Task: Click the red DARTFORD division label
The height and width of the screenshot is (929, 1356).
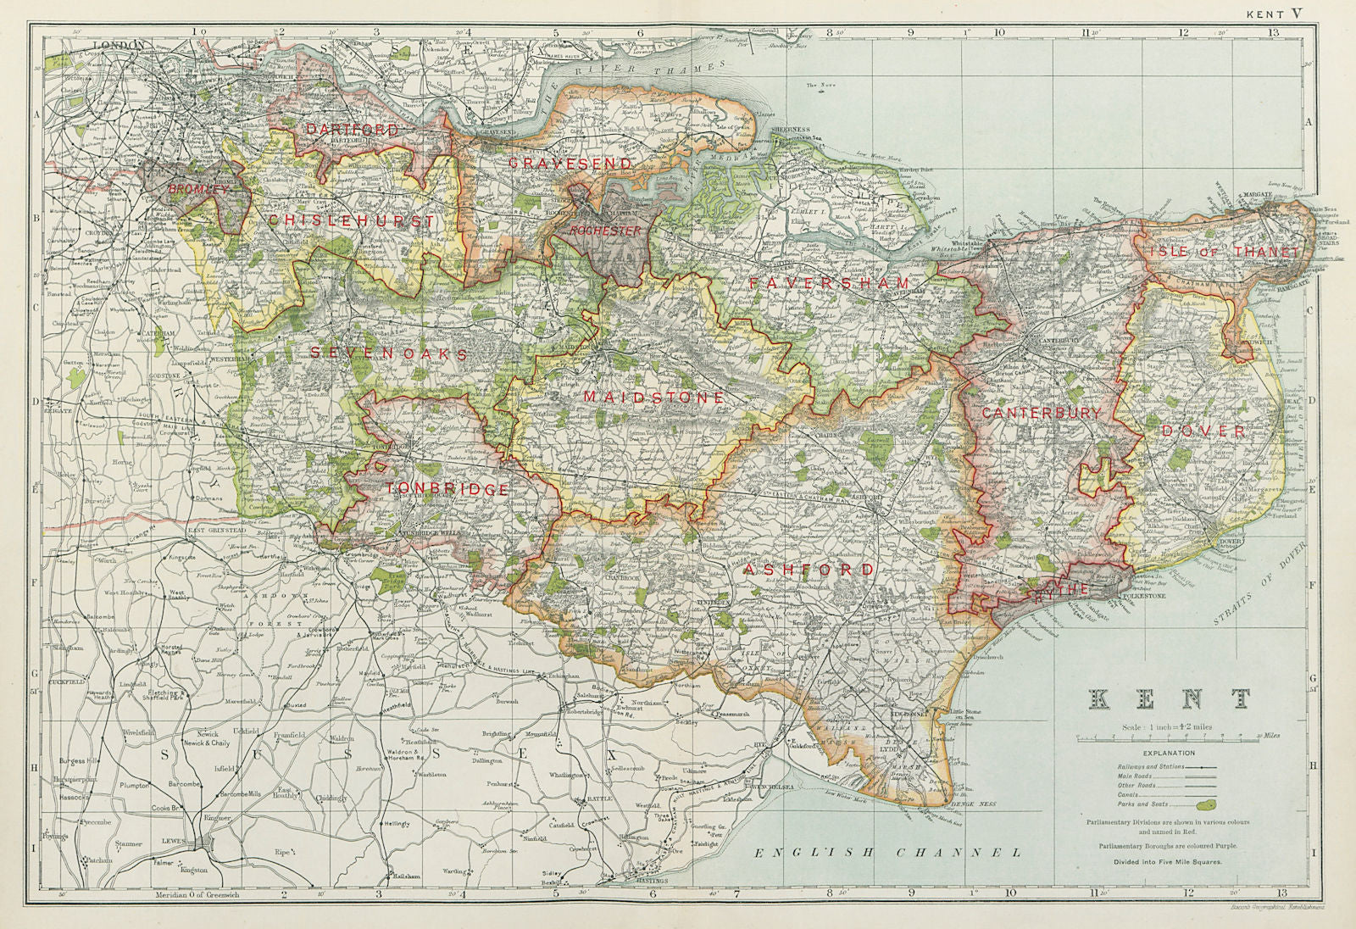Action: coord(352,130)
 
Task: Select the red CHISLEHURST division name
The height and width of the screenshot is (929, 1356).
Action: coord(352,221)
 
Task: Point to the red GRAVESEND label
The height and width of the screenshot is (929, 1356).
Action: coord(570,163)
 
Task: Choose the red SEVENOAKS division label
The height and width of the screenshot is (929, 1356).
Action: coord(388,353)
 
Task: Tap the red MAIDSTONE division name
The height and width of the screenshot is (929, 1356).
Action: coord(653,397)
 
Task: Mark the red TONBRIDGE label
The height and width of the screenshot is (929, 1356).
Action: coord(447,489)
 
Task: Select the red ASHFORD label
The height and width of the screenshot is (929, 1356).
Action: coord(808,570)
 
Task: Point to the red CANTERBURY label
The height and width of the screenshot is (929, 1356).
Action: coord(1041,413)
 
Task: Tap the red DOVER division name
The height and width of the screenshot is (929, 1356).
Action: coord(1204,431)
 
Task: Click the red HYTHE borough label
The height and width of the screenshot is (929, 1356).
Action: coord(1059,589)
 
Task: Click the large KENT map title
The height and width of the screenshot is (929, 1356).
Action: coord(1169,699)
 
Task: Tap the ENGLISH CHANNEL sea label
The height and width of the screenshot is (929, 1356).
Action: coord(888,852)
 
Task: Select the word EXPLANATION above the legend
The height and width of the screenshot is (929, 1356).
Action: coord(1169,753)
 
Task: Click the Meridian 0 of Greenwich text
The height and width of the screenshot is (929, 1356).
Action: coord(197,894)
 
